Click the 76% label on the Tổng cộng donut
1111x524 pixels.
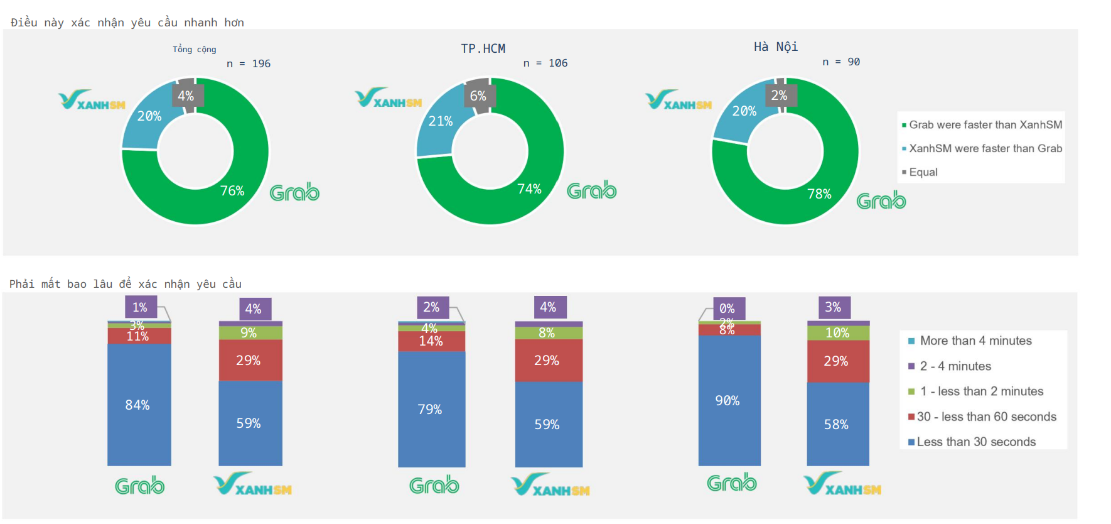tap(232, 191)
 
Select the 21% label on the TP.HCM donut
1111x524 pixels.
tap(441, 121)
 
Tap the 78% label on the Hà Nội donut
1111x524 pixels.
tap(819, 194)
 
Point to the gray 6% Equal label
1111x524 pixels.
tap(478, 96)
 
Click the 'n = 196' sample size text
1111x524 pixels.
tap(249, 63)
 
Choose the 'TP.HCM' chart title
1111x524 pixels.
tap(483, 48)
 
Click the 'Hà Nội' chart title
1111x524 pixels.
tap(776, 46)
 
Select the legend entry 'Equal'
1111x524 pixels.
tap(923, 172)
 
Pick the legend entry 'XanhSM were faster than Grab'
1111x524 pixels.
tap(985, 148)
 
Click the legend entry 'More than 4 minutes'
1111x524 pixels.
tap(975, 341)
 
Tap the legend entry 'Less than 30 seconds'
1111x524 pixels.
tap(975, 442)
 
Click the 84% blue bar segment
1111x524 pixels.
tap(139, 405)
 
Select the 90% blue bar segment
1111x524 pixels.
tap(728, 400)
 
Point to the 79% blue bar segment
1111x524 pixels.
tap(431, 409)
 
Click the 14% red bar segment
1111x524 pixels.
tap(431, 341)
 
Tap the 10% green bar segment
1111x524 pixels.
tap(837, 333)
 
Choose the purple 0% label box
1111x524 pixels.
tap(728, 308)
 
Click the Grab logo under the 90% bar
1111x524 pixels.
tap(732, 483)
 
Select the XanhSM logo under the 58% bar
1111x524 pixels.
tap(842, 484)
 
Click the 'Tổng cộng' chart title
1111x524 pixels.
tap(195, 49)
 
